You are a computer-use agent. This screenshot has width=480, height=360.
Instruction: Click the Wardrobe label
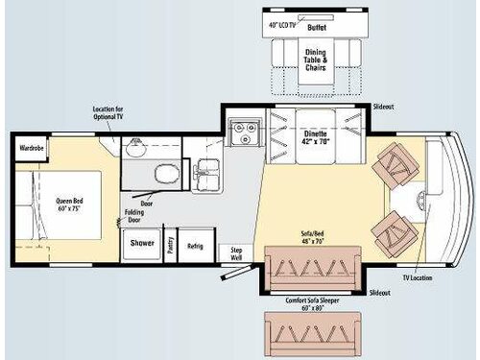tap(28, 148)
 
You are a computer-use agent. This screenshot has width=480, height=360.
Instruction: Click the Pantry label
tap(170, 245)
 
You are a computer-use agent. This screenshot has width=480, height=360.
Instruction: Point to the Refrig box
tap(195, 246)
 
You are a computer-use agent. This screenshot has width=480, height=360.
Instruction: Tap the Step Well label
tap(236, 254)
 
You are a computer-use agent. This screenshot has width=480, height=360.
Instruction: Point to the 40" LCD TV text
tap(281, 23)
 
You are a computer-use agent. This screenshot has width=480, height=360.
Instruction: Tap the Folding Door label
tap(134, 216)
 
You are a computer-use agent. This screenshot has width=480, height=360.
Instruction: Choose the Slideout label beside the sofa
tap(380, 292)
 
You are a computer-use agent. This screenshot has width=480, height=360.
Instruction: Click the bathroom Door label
tap(147, 204)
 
